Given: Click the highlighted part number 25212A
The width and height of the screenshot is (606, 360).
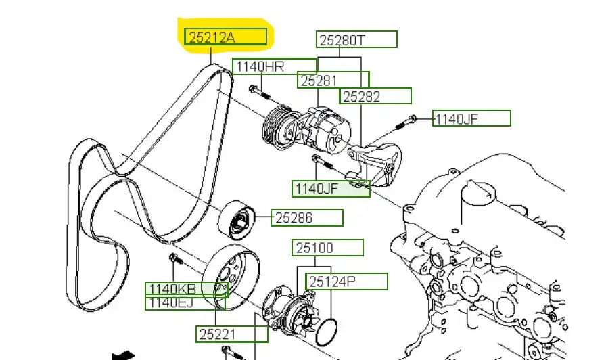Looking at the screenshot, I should [x=226, y=37].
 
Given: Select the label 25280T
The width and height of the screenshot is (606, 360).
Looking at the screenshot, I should [x=357, y=39].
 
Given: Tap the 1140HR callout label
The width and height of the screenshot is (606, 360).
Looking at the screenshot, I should [x=275, y=66].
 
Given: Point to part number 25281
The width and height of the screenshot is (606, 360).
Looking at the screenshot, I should [x=333, y=81].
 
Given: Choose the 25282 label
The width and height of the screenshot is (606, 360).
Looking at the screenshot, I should [x=375, y=96].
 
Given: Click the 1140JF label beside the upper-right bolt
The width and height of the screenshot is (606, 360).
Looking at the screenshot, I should [x=471, y=119].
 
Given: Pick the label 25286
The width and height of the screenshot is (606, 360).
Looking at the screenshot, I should [x=308, y=218].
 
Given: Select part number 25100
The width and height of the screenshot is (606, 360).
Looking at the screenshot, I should [x=327, y=248].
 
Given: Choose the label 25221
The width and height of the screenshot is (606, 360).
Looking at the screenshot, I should [x=232, y=333].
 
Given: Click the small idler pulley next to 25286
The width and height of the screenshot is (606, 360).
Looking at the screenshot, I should [x=236, y=219].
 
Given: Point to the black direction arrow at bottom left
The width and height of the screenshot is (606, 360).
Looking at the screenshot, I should [x=123, y=355].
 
